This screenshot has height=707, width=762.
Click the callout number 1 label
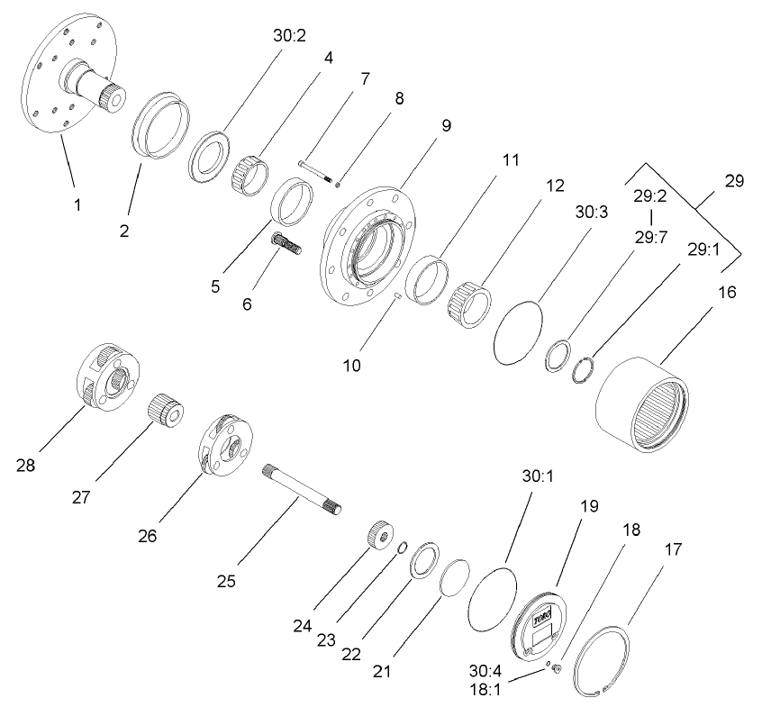click(77, 205)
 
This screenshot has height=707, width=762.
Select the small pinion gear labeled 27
click(165, 410)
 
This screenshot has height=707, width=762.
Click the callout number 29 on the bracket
click(734, 181)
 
